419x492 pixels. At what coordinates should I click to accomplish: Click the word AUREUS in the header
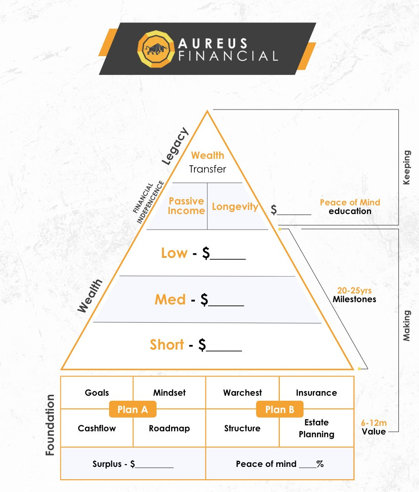213,44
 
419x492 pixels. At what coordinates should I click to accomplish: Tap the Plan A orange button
132,409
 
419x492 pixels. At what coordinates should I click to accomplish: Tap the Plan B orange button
279,409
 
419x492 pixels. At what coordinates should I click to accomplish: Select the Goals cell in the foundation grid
97,393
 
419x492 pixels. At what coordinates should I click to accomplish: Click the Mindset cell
169,393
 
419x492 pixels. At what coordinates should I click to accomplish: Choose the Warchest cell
242,393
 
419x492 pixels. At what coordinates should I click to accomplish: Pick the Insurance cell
316,393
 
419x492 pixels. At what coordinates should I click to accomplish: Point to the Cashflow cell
97,428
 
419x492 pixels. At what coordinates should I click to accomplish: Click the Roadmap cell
169,428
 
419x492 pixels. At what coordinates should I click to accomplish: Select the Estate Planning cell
316,428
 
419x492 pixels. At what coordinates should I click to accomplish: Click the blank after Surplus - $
155,465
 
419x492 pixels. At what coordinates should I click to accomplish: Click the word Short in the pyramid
167,345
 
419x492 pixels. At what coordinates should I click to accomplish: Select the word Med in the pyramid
170,299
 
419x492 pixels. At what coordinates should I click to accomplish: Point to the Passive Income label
186,206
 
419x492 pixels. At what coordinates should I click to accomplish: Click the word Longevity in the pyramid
235,206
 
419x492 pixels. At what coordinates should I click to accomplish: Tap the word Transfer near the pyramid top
208,169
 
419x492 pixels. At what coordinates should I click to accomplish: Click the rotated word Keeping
407,167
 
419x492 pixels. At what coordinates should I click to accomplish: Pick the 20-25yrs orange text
354,290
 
